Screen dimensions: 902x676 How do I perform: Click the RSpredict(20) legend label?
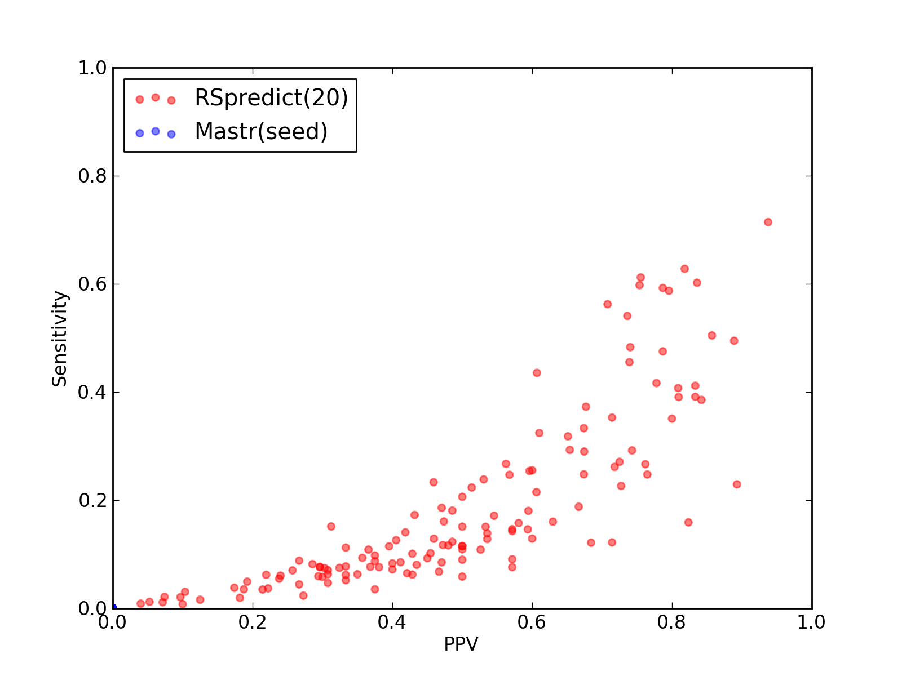[271, 98]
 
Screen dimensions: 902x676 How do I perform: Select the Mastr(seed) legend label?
[262, 131]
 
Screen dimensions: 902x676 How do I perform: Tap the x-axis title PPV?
[461, 644]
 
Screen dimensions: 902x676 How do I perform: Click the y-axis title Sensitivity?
[60, 339]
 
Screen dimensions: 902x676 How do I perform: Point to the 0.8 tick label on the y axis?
[92, 176]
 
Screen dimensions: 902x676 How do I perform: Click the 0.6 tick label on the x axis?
[532, 622]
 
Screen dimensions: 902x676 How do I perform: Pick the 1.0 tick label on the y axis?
[92, 68]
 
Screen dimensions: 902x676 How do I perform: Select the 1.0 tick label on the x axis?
[811, 622]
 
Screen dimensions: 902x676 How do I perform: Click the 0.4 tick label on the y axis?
[92, 393]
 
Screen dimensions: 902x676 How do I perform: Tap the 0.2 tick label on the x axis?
[253, 622]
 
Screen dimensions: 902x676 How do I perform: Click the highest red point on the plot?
[768, 222]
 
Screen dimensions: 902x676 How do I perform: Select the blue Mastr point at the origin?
[114, 608]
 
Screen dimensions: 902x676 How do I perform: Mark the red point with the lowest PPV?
[140, 603]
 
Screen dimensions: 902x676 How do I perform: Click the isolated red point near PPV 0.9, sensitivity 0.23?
[737, 484]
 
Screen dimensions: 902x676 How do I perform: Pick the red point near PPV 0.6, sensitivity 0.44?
[537, 373]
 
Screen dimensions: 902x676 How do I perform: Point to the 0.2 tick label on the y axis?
[92, 501]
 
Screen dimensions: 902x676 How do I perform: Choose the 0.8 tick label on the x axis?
[671, 622]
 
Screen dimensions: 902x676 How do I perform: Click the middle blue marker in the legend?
[156, 131]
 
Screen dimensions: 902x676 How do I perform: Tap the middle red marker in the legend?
[156, 97]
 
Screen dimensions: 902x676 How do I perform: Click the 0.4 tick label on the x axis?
[392, 622]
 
